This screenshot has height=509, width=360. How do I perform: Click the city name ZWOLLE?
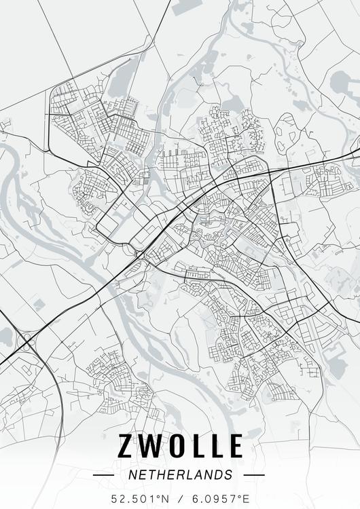(x=181, y=446)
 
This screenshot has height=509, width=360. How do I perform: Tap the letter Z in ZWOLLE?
(x=128, y=446)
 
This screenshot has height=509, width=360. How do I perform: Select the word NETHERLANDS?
(x=180, y=474)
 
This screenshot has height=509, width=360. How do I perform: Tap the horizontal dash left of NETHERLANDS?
(x=103, y=475)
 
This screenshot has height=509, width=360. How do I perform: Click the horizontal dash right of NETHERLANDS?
(x=253, y=475)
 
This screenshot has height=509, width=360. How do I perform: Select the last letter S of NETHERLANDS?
(x=228, y=474)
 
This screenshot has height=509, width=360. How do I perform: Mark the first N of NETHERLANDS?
(x=132, y=474)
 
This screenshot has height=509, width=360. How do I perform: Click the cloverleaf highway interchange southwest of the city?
(x=26, y=337)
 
